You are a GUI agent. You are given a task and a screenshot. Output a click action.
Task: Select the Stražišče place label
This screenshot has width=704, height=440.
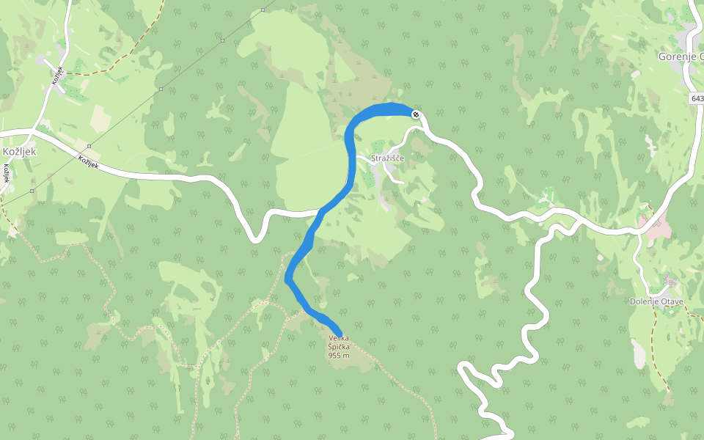coord(388,158)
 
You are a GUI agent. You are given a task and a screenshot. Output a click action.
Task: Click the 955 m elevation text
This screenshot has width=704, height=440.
coord(338,356)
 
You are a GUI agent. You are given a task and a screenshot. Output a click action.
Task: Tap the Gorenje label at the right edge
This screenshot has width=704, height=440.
coord(680,56)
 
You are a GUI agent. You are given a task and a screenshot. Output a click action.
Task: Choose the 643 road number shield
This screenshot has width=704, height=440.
coord(697,98)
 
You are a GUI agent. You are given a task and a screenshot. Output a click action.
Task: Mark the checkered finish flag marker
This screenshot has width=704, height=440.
coord(416,114)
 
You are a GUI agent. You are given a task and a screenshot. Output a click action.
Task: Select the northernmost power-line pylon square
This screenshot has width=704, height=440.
coord(262,10)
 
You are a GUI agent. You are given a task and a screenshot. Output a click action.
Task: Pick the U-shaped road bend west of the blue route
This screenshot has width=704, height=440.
coord(256,236)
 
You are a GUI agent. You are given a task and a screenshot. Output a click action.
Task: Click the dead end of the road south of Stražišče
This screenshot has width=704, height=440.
coord(403,182)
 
